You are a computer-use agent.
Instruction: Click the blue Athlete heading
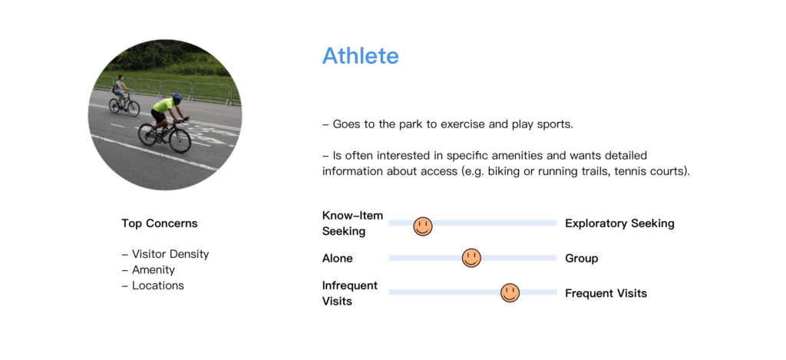pos(361,56)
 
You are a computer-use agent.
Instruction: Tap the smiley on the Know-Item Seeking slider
pos(423,226)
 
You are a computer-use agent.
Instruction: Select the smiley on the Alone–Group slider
pos(471,258)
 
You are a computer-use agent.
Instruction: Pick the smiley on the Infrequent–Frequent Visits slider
pos(510,292)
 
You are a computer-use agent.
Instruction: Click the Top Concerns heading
pos(160,223)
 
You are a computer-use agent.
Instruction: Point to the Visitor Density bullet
pos(166,254)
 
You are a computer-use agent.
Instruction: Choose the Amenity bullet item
pos(148,269)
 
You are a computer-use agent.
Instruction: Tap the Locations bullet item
pos(153,286)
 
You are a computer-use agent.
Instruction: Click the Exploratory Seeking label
pos(619,223)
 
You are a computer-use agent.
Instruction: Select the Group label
pos(582,259)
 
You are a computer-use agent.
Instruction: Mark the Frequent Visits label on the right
pos(606,293)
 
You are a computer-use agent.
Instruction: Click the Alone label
pos(338,259)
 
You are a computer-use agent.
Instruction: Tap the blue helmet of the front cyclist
pos(177,96)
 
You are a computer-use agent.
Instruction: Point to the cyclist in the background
pos(122,96)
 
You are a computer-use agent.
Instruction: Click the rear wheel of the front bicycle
pos(148,135)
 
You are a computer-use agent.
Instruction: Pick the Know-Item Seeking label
pos(352,223)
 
